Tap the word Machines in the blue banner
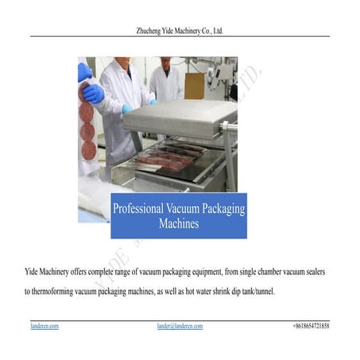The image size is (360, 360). click(178, 224)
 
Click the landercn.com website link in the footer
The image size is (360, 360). click(45, 327)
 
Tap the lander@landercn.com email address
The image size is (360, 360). click(180, 327)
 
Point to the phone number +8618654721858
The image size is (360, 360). click(311, 327)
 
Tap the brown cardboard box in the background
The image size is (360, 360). click(195, 84)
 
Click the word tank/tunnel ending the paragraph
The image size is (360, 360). click(255, 292)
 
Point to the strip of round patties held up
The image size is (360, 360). click(86, 127)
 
